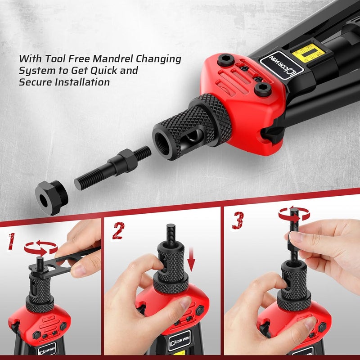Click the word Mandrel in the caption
(115, 59)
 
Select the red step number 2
(118, 231)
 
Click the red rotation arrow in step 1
(40, 247)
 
